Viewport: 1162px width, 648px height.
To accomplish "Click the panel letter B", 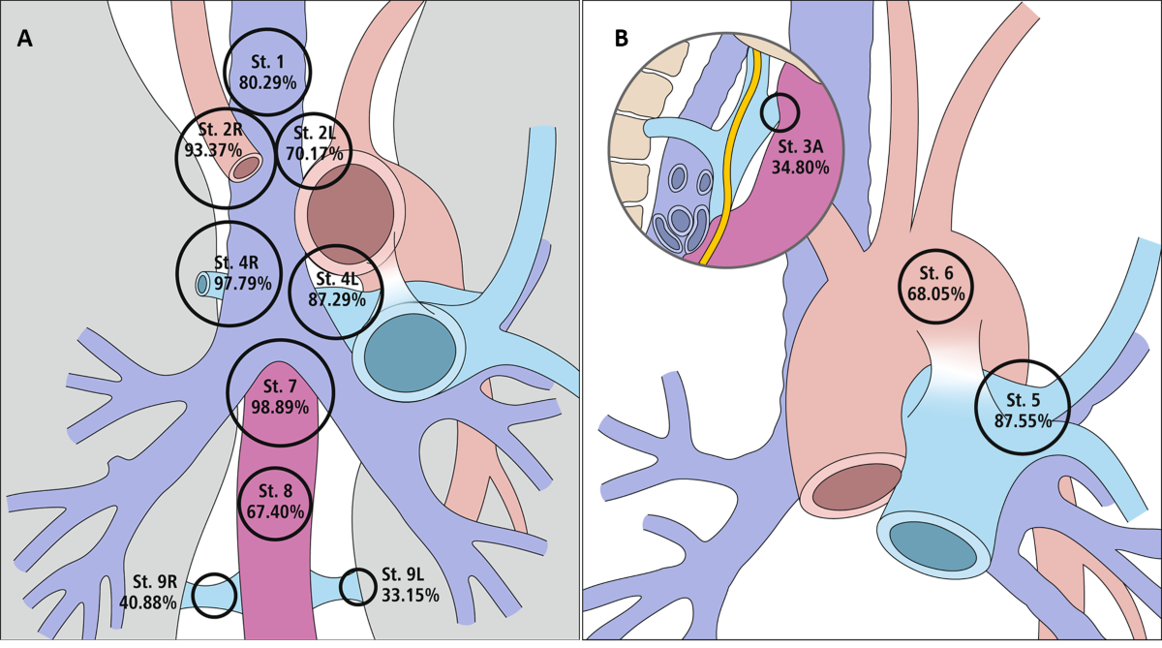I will click(622, 39).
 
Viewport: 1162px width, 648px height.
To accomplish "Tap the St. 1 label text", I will click(266, 62).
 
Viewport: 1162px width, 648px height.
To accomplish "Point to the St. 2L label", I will click(313, 133).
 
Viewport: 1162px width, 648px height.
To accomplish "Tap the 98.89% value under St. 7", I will click(280, 408).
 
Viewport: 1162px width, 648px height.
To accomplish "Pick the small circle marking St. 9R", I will click(214, 595).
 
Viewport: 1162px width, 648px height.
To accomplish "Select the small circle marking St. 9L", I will click(357, 586).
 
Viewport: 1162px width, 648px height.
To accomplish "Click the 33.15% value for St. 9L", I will click(411, 595).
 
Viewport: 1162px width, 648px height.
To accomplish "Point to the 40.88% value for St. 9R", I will click(148, 602).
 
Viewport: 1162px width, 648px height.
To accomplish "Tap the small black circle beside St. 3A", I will click(780, 112).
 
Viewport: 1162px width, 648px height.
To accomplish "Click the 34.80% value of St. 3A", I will click(800, 167).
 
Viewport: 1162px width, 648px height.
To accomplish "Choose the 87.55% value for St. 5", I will click(1023, 420).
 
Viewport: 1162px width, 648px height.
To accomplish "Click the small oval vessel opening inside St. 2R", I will click(246, 167).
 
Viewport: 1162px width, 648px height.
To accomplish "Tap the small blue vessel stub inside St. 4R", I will click(204, 284).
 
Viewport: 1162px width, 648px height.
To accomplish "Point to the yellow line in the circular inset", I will click(735, 165).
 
